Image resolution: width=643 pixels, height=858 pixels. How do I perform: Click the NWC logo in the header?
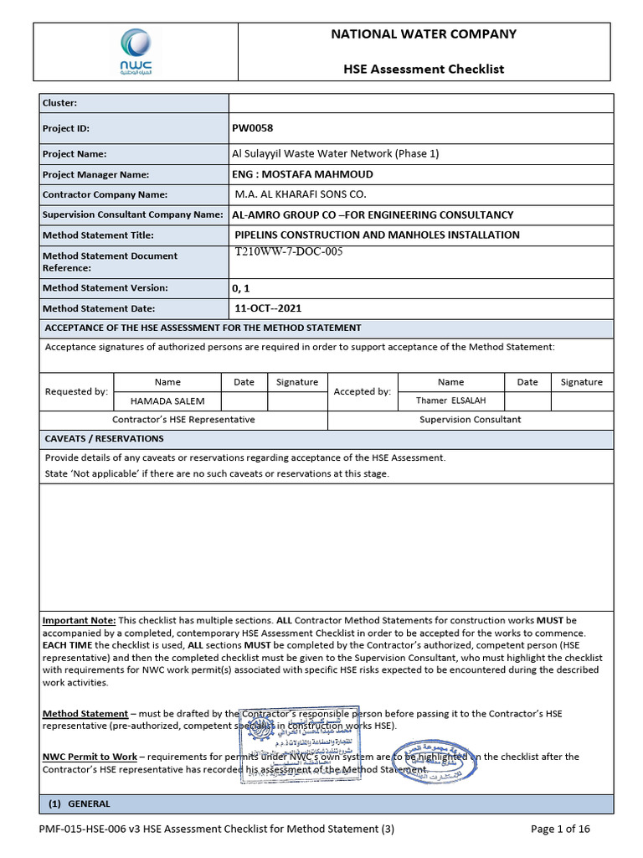point(136,52)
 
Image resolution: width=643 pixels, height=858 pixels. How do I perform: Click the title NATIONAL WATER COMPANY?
point(424,34)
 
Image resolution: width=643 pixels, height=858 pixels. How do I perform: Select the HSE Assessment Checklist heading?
point(424,69)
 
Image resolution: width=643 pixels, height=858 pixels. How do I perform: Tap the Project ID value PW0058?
point(252,128)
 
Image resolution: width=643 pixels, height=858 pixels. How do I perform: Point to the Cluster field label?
point(59,103)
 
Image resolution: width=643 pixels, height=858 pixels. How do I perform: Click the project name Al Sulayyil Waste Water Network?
point(335,154)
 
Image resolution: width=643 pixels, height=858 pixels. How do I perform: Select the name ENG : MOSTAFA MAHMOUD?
point(302,174)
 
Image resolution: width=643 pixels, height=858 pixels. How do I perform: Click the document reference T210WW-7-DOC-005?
point(290,251)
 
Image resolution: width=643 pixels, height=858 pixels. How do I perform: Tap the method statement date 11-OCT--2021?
point(267,308)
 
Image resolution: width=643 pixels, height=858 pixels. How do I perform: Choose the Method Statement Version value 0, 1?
point(241,287)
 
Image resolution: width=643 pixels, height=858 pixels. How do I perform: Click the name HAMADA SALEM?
point(167,401)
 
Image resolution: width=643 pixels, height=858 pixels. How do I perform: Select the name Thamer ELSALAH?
point(450,401)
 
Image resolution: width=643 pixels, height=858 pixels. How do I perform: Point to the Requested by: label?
point(76,391)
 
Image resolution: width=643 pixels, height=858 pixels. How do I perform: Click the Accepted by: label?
point(362,391)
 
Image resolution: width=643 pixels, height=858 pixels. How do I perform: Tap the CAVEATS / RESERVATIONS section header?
point(104,439)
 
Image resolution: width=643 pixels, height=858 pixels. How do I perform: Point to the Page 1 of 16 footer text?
point(561,830)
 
